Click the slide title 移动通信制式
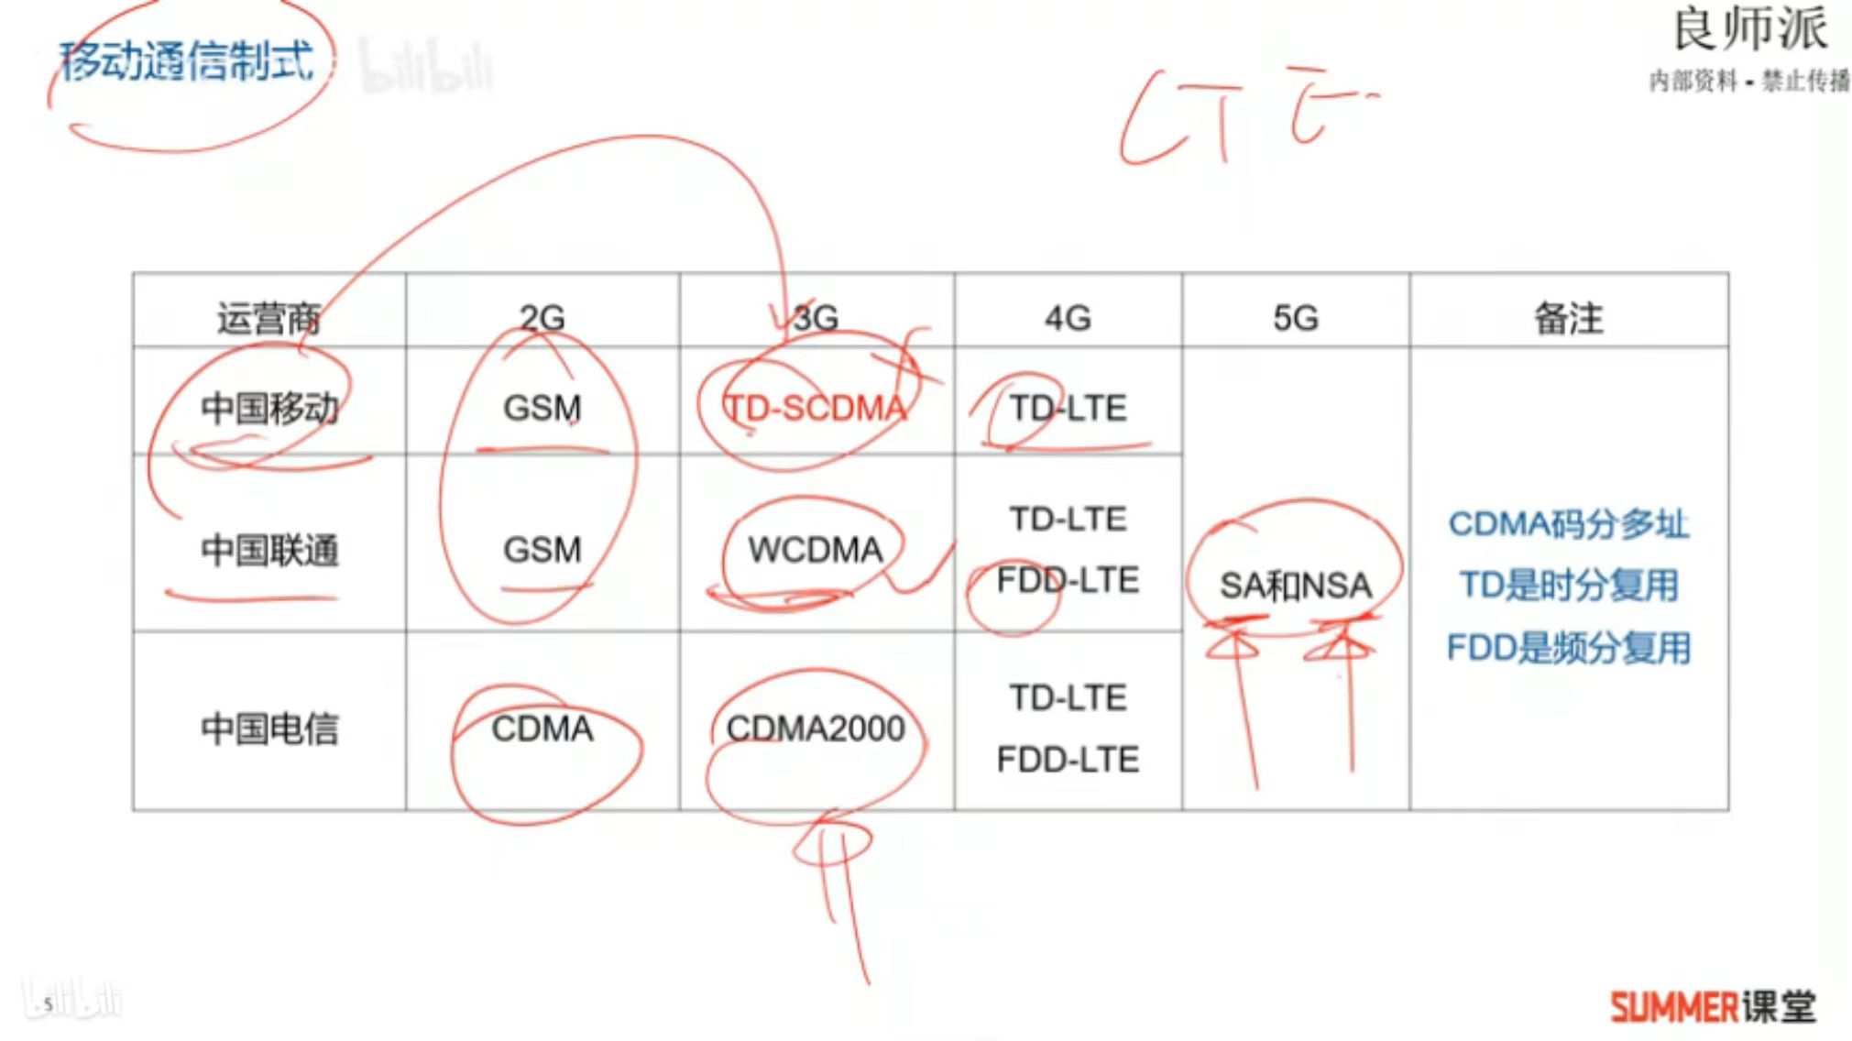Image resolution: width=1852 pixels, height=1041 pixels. click(187, 61)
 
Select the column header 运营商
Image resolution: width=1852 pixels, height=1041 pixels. click(268, 319)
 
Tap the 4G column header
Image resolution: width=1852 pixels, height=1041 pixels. click(1068, 318)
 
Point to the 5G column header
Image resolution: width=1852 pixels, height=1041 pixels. click(1295, 318)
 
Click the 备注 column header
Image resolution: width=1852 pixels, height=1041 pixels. click(1568, 318)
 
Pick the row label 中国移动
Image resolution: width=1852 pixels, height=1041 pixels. click(269, 408)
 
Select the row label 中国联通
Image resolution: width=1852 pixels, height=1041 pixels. click(269, 551)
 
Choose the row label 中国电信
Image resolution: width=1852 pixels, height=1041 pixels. click(269, 729)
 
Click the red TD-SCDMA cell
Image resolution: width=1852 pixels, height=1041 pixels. click(815, 408)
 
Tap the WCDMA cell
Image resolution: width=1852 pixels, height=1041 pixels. click(815, 550)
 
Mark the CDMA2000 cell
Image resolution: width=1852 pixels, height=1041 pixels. click(815, 729)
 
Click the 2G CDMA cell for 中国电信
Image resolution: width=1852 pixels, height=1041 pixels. click(542, 729)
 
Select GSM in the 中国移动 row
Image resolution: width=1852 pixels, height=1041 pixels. click(542, 408)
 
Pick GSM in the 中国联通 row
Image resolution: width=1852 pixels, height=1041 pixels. click(542, 550)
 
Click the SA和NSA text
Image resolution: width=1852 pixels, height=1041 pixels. click(1295, 586)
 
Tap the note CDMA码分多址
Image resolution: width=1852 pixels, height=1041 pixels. click(1568, 524)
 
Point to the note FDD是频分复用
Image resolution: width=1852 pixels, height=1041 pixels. click(1568, 648)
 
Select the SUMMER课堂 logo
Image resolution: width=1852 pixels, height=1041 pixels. click(1713, 1006)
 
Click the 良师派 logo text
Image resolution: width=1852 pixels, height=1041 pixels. click(1749, 30)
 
